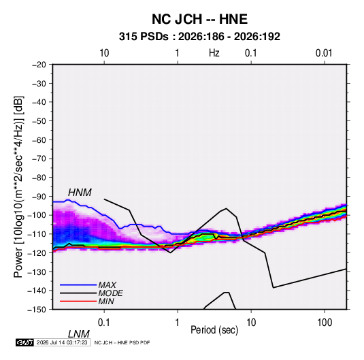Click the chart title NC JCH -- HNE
[199, 19]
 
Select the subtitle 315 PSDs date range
[199, 37]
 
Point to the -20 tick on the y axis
[39, 65]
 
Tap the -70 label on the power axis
[39, 159]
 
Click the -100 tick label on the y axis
[37, 215]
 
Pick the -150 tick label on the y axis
[37, 310]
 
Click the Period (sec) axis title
[214, 330]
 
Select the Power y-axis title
[18, 186]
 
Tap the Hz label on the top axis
[214, 53]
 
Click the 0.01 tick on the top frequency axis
[324, 53]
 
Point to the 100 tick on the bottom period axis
[325, 323]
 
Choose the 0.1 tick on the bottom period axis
[104, 323]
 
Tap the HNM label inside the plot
[80, 193]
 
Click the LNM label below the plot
[79, 334]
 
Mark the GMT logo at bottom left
[24, 342]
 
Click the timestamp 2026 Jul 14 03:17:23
[62, 342]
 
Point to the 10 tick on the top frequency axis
[104, 53]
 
